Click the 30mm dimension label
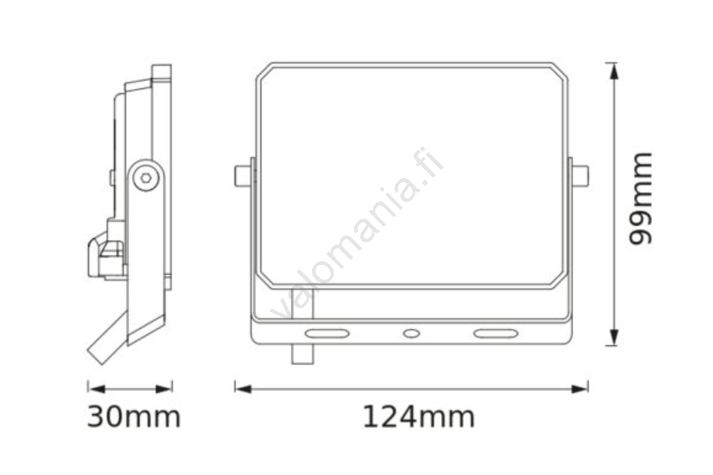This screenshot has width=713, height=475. tap(134, 417)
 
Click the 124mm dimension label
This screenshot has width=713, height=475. tap(418, 417)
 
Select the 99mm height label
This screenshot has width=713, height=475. tap(640, 198)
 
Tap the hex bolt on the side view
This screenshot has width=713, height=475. tap(146, 177)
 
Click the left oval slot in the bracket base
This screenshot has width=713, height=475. tap(327, 334)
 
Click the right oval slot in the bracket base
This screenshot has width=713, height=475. tap(496, 334)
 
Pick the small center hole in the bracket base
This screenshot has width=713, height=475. tap(411, 334)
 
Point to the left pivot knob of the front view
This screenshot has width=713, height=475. tap(242, 176)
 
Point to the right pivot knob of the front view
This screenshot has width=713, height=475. tap(580, 176)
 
